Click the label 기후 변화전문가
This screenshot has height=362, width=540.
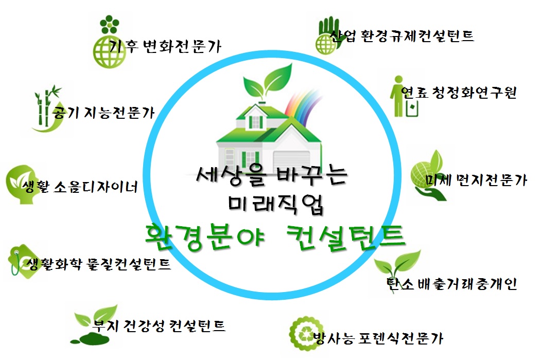(x=165, y=46)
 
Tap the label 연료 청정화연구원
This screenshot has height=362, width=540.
(x=459, y=92)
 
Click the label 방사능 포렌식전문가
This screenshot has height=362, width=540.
(x=378, y=338)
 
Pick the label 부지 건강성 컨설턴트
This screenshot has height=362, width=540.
(x=159, y=325)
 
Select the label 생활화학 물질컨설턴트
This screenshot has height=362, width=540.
(x=98, y=264)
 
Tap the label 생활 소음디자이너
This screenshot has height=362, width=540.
(x=80, y=186)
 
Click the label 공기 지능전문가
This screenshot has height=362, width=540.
(x=103, y=113)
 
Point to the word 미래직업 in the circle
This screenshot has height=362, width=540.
(x=275, y=204)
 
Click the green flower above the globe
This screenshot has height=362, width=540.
(x=110, y=25)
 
